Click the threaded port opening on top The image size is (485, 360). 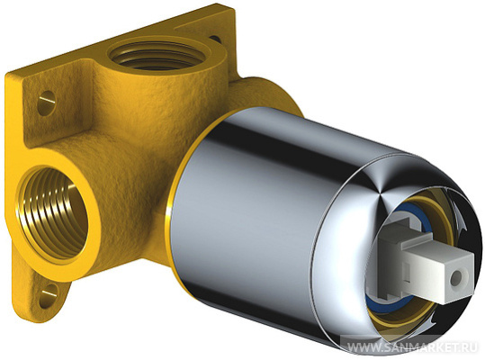point(157,57)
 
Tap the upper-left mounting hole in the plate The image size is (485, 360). point(47,103)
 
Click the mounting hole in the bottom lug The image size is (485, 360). point(49,294)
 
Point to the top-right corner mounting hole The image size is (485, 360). point(215,40)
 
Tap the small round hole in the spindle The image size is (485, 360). point(455,278)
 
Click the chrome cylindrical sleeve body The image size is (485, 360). point(263,217)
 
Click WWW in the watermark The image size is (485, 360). point(360,347)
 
